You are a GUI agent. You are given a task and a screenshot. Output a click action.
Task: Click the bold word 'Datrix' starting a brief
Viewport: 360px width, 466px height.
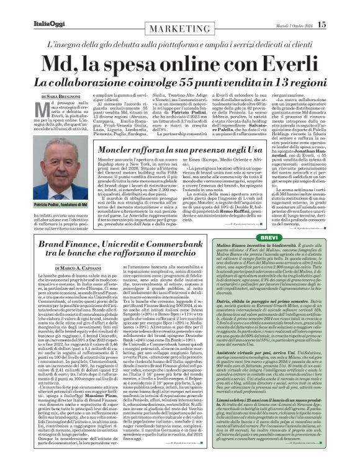(x=253, y=301)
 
